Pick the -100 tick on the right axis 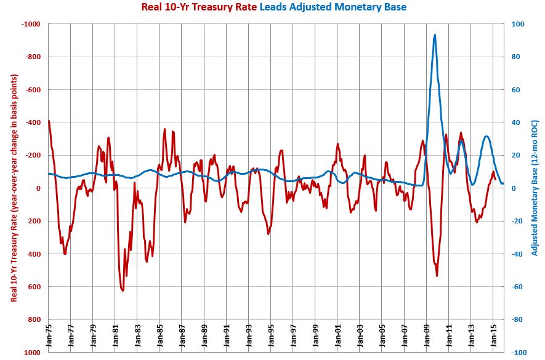pos(517,353)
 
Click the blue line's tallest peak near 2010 pos(435,35)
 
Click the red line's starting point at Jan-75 pos(49,121)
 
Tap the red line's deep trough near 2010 pos(437,275)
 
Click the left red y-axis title pos(14,188)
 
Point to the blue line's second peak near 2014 pos(486,137)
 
